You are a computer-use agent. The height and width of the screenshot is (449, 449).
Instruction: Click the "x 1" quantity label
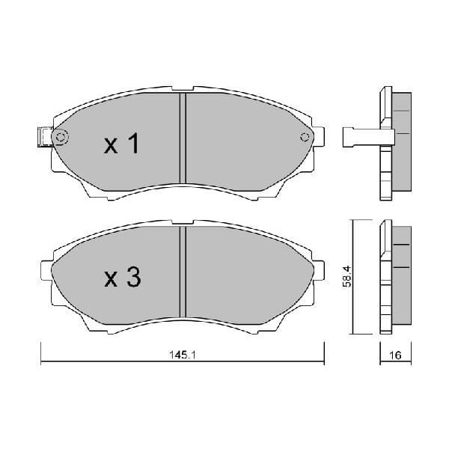pos(121,144)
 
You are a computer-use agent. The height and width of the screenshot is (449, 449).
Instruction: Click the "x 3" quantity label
pos(121,278)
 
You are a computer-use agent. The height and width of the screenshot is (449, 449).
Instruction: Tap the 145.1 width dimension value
pos(183,356)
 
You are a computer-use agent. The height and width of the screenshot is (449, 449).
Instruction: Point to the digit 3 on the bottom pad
pos(132,278)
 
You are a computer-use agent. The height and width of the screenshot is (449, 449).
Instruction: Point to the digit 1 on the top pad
pos(133,144)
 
